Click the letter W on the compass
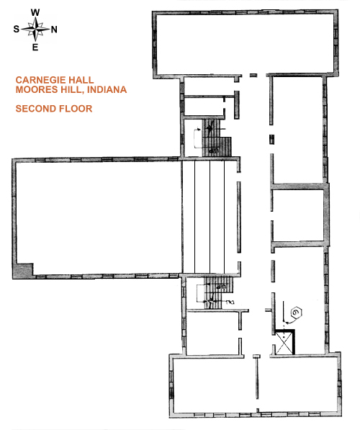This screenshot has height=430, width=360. coord(35,12)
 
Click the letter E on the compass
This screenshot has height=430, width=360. coord(35,47)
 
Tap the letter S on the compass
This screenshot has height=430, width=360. coord(17,29)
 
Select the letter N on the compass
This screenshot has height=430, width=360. coord(54,30)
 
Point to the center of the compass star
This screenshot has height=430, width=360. coord(35,29)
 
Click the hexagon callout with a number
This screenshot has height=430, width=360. coord(296,313)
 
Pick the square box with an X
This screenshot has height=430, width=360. coord(284,342)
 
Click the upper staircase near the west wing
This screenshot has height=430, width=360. coord(216,138)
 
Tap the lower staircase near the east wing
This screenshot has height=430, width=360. coord(218,292)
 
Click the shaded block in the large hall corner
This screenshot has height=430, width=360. coord(24,271)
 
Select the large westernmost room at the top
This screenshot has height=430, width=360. coord(245,44)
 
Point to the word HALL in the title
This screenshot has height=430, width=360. coord(81,80)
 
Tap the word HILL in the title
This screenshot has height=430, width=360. coord(70,90)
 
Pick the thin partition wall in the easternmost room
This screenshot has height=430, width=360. coord(256,378)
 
